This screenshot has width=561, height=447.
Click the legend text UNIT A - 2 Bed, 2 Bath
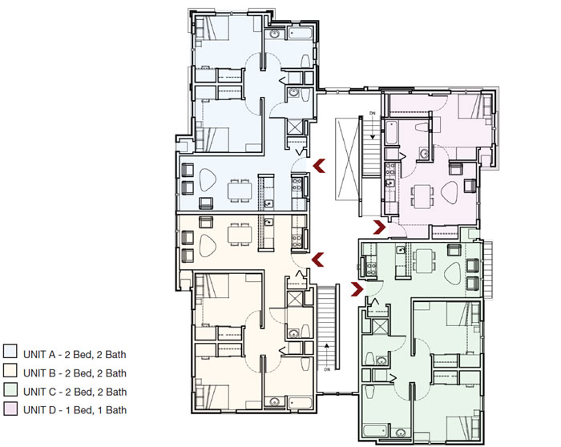click(x=75, y=353)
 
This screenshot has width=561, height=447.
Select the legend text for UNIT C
click(x=75, y=392)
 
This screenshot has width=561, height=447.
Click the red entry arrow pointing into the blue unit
click(x=318, y=166)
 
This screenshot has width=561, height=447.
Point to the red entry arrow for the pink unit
click(x=379, y=228)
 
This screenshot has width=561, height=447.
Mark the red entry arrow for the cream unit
click(x=318, y=258)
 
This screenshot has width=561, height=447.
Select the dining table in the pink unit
click(x=422, y=194)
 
